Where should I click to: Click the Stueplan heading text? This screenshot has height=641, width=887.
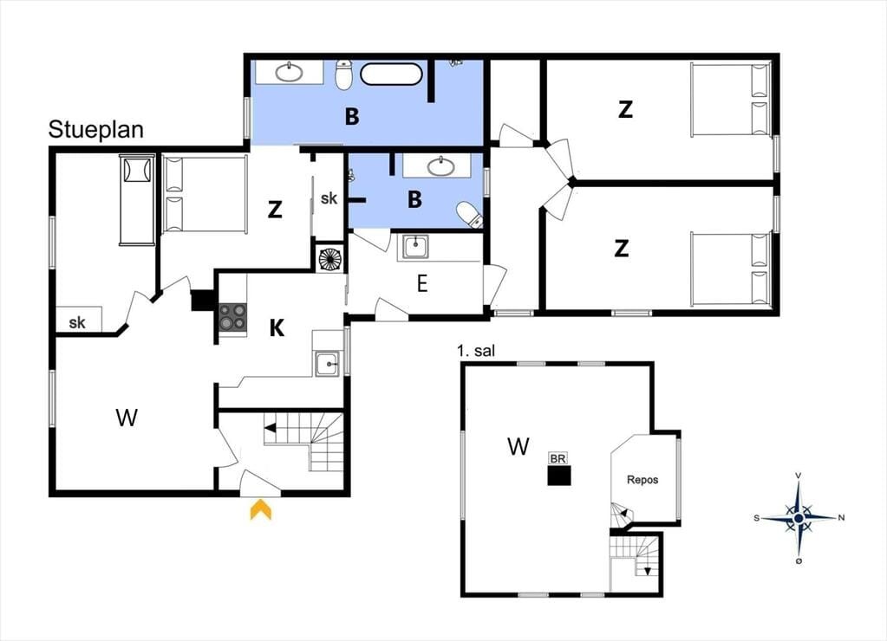tap(95, 130)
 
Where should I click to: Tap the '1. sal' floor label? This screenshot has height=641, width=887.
tap(476, 351)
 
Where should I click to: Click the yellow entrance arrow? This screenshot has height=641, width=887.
tap(261, 509)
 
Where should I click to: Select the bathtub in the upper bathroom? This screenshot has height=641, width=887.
tap(391, 74)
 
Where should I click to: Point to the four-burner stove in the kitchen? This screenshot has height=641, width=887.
tap(233, 316)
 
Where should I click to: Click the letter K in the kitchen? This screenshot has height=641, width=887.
tap(277, 327)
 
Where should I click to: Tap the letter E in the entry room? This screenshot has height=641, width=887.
tap(422, 284)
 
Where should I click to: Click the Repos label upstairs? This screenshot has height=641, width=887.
tap(642, 479)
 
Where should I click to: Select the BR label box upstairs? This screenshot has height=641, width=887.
tap(558, 458)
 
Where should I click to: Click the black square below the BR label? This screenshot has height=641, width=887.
tap(559, 476)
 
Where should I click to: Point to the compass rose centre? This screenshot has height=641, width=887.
tap(799, 517)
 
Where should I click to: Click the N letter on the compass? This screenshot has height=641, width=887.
tap(841, 517)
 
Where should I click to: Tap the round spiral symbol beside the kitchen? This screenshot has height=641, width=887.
tap(331, 259)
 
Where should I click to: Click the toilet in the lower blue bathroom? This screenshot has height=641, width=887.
tap(469, 214)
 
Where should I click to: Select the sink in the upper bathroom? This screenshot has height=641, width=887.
tap(290, 72)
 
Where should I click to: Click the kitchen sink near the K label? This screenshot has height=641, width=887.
tap(328, 364)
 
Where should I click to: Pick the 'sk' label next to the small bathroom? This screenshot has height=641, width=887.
tap(329, 197)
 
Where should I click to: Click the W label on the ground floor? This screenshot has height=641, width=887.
tap(127, 418)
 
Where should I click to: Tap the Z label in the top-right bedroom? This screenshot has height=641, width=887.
tap(625, 109)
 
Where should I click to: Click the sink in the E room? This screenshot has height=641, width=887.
tap(415, 247)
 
